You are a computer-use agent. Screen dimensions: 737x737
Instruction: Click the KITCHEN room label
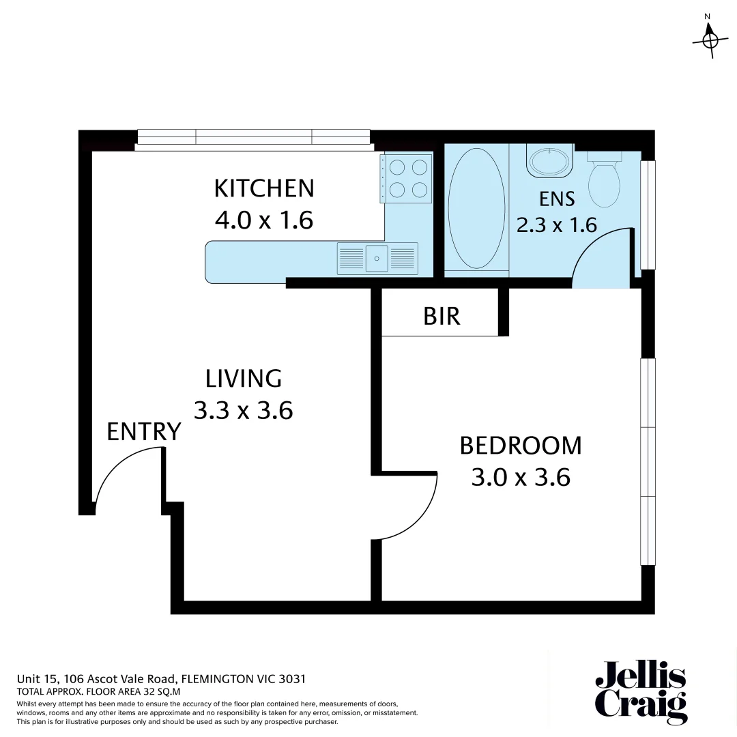(x=264, y=188)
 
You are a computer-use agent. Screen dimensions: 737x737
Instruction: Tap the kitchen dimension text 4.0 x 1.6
(x=264, y=220)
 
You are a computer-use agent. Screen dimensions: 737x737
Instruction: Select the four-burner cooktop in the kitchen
(x=407, y=177)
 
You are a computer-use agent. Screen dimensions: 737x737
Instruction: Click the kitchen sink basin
(x=377, y=259)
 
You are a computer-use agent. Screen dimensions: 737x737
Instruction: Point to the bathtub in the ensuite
(x=476, y=208)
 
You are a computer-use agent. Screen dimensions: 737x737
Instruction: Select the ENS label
(x=557, y=199)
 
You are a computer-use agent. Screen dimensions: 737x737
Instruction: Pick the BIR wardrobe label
(x=442, y=317)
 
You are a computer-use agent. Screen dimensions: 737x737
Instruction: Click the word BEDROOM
(x=520, y=446)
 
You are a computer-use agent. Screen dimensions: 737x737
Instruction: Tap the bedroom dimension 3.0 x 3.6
(x=520, y=477)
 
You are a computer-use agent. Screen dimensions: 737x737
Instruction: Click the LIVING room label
(x=244, y=378)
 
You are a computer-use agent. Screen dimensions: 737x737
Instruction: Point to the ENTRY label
(x=144, y=432)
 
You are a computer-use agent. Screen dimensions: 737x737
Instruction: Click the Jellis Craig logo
(x=639, y=692)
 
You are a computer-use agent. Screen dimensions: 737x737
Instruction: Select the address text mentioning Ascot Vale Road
(x=160, y=680)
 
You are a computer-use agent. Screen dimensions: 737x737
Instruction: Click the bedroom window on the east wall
(x=648, y=461)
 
